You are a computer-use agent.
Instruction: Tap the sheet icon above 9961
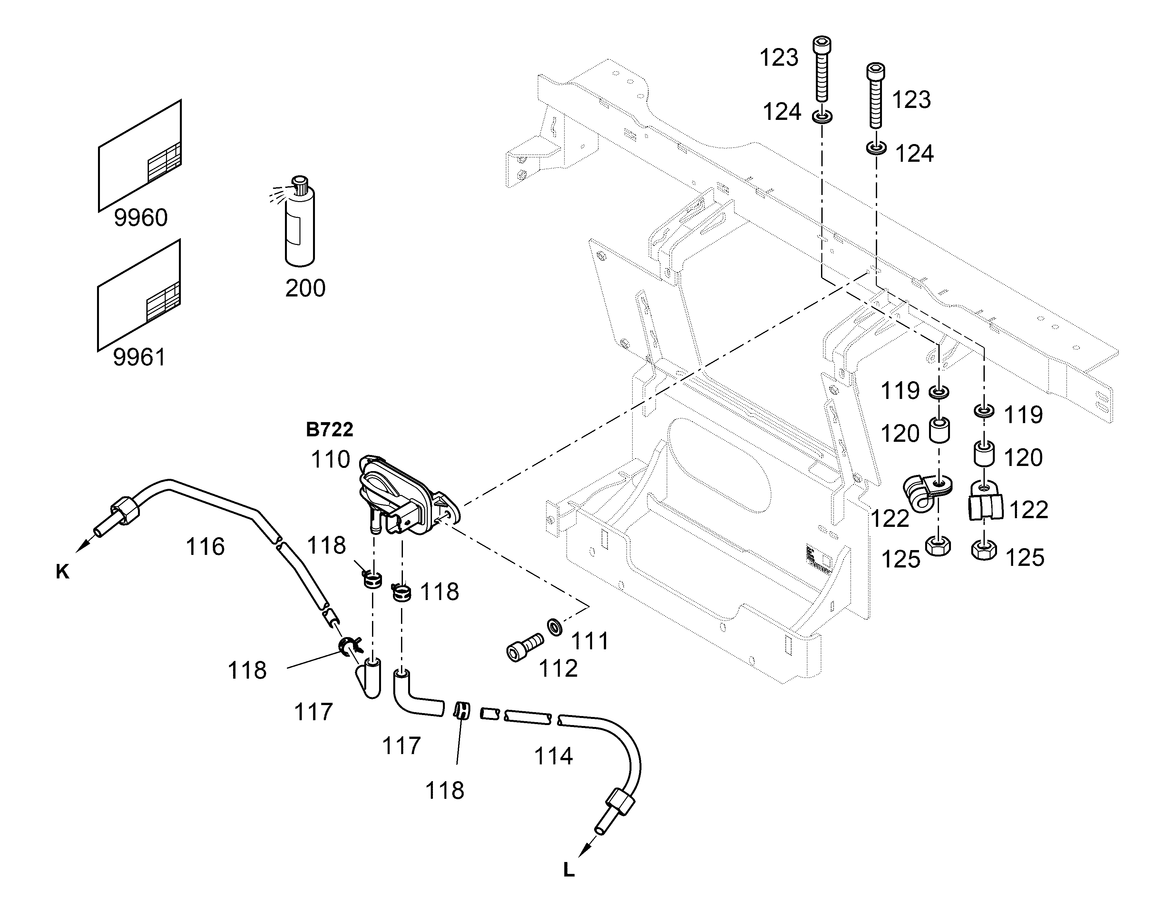(139, 296)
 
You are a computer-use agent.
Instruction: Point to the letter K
(63, 572)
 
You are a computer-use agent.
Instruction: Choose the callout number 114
(553, 756)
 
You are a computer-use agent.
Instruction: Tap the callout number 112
(558, 668)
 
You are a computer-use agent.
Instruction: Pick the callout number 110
(330, 460)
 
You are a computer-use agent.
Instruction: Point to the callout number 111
(590, 641)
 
